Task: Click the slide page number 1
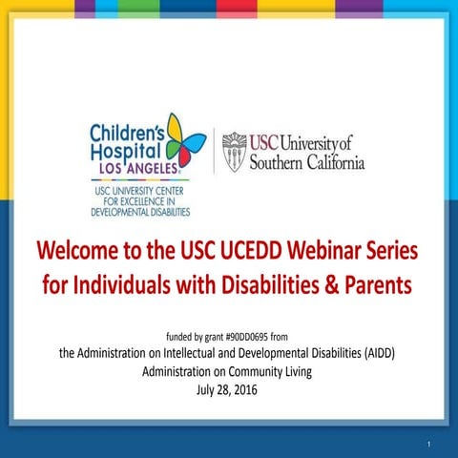pyautogui.click(x=430, y=444)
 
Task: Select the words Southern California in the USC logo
pyautogui.click(x=306, y=163)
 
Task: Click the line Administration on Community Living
pyautogui.click(x=229, y=372)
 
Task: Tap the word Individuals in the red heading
pyautogui.click(x=135, y=285)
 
